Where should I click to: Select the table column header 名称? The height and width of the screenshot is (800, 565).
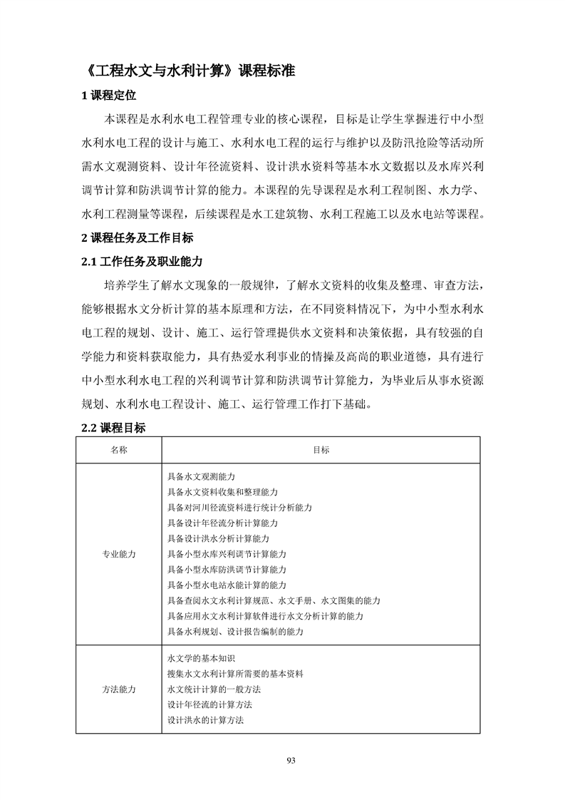tap(119, 450)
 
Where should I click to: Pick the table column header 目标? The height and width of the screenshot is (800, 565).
tap(321, 450)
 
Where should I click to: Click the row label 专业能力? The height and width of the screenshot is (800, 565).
tap(119, 554)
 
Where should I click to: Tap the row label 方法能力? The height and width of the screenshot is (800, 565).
tap(119, 689)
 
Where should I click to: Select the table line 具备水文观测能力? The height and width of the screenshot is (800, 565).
tap(201, 476)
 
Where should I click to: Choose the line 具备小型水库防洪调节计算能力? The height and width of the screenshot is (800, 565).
tap(227, 570)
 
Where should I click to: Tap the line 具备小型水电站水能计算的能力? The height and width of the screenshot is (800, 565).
tap(227, 585)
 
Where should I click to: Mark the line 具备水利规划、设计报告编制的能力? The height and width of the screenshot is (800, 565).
tap(235, 632)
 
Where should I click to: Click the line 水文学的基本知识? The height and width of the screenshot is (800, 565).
tap(201, 658)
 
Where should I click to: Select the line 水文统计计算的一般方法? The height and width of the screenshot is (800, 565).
tap(214, 689)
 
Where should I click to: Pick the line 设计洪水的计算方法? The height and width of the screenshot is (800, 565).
tap(205, 720)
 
